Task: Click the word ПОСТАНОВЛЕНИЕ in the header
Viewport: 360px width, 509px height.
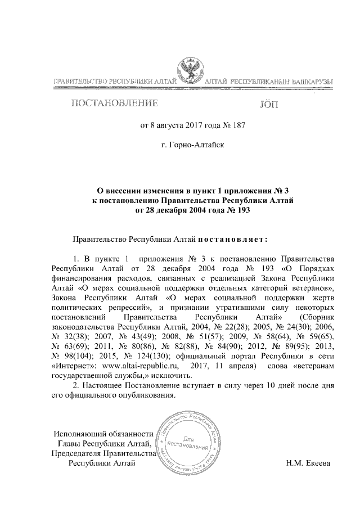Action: [x=113, y=103]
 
